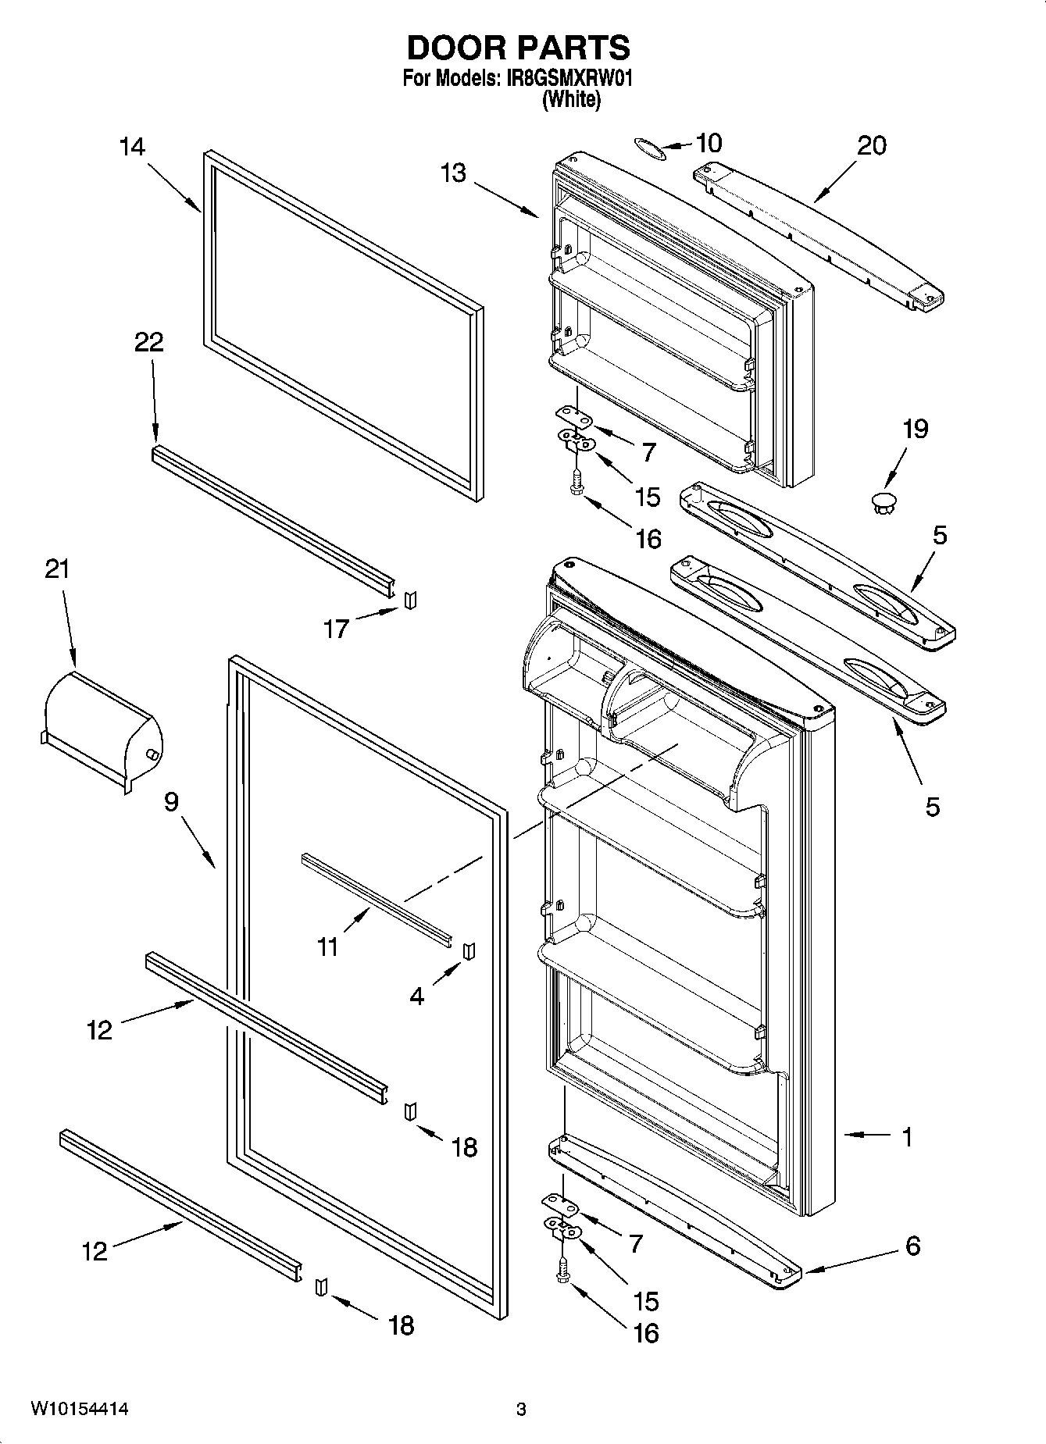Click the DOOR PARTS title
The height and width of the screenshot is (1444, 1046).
pyautogui.click(x=518, y=48)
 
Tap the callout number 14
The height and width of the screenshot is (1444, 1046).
pyautogui.click(x=133, y=147)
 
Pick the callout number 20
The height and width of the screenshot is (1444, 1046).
pyautogui.click(x=872, y=146)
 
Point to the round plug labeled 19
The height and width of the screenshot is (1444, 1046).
pyautogui.click(x=884, y=504)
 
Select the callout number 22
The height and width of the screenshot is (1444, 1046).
pyautogui.click(x=149, y=342)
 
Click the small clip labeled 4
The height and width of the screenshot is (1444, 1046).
pyautogui.click(x=469, y=950)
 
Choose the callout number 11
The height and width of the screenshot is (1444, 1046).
pyautogui.click(x=328, y=947)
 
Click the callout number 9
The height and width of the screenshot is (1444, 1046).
pyautogui.click(x=171, y=802)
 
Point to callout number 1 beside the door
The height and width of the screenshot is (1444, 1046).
pyautogui.click(x=906, y=1137)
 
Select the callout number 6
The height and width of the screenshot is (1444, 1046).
pyautogui.click(x=912, y=1246)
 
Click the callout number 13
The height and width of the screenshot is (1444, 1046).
pyautogui.click(x=453, y=173)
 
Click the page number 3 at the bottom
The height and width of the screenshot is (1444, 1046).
pyautogui.click(x=521, y=1410)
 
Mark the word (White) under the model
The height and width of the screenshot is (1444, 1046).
pyautogui.click(x=571, y=99)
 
